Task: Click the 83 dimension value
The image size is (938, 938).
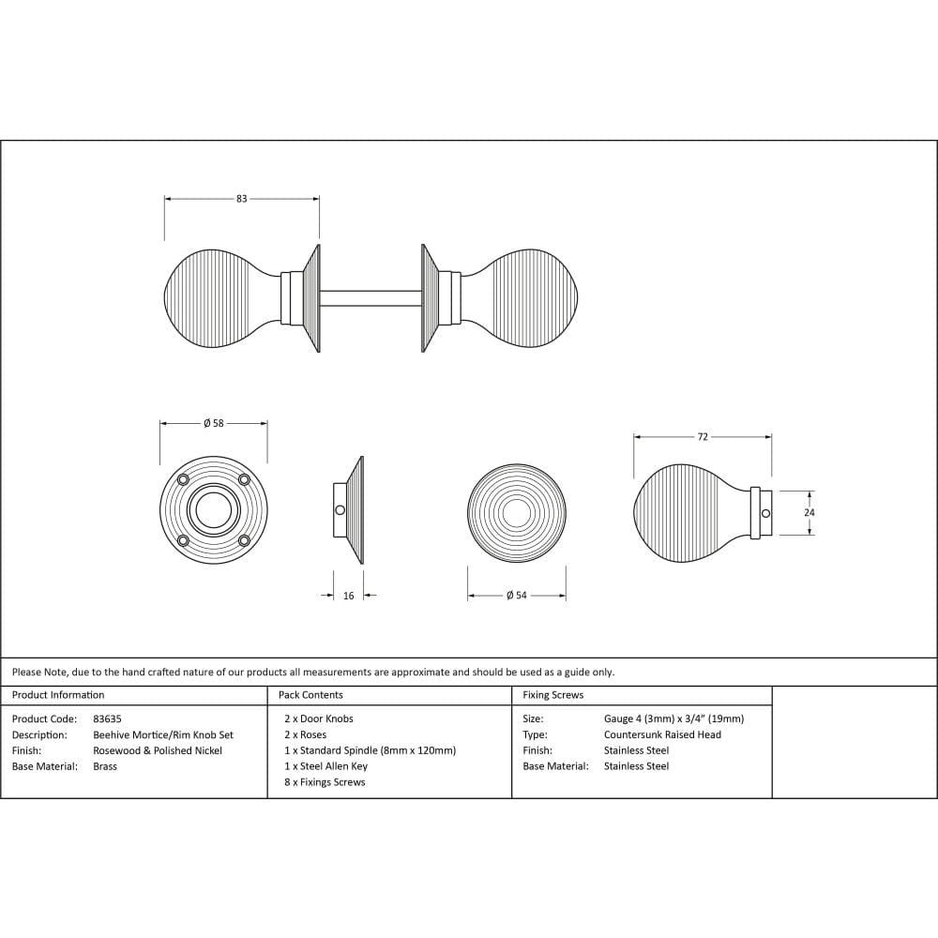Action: coord(241,199)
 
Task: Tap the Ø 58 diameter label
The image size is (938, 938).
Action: coord(214,423)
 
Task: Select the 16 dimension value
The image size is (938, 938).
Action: coord(349,596)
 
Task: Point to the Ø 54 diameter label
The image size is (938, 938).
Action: coord(516,596)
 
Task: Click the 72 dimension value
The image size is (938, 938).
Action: coord(703,437)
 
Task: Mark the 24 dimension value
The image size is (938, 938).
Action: coord(809,513)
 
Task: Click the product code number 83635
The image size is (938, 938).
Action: coord(107,719)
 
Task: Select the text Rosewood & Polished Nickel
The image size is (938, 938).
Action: coord(158,750)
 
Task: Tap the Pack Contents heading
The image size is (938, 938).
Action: coord(310,695)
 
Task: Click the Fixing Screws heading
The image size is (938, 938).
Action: coord(552,695)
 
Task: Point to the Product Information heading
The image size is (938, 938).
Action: coord(58,695)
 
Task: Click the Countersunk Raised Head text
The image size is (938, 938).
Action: coord(662,734)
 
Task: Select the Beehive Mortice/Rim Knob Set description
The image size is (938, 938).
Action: coord(163,734)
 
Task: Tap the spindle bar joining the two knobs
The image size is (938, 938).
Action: coord(371,298)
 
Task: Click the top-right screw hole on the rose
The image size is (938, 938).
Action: coord(244,480)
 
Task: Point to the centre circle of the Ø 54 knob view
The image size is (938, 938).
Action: coord(516,512)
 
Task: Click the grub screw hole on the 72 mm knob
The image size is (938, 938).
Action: coord(765,513)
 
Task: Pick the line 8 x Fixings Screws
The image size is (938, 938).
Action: coord(325,782)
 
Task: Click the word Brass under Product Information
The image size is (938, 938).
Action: coord(105,766)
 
